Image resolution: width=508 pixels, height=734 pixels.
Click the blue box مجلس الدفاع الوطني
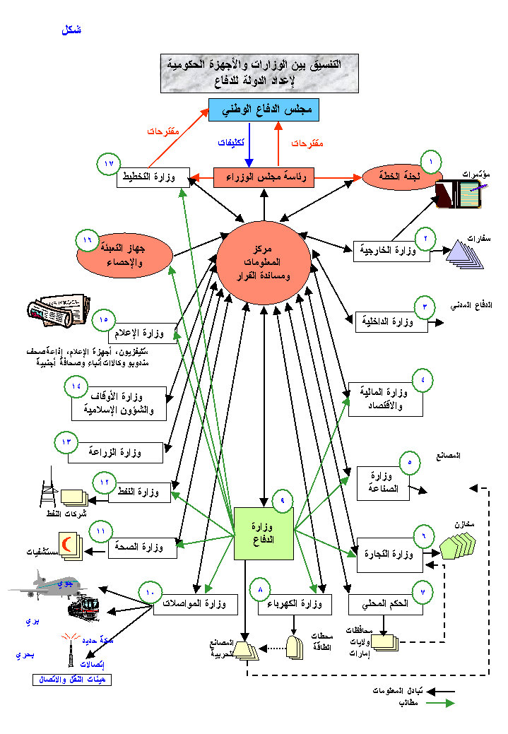pos(264,111)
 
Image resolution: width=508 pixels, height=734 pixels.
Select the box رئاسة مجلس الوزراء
pos(264,177)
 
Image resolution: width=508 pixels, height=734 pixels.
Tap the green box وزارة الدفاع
pos(264,533)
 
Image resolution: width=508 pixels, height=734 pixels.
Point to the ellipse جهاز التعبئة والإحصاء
pos(123,254)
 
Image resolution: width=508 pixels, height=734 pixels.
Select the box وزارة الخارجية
pos(391,251)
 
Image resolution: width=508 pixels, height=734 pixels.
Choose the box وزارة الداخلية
pos(391,323)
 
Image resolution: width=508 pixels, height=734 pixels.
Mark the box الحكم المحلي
pos(385,605)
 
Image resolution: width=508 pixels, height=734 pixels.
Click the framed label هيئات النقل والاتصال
pos(71,680)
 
